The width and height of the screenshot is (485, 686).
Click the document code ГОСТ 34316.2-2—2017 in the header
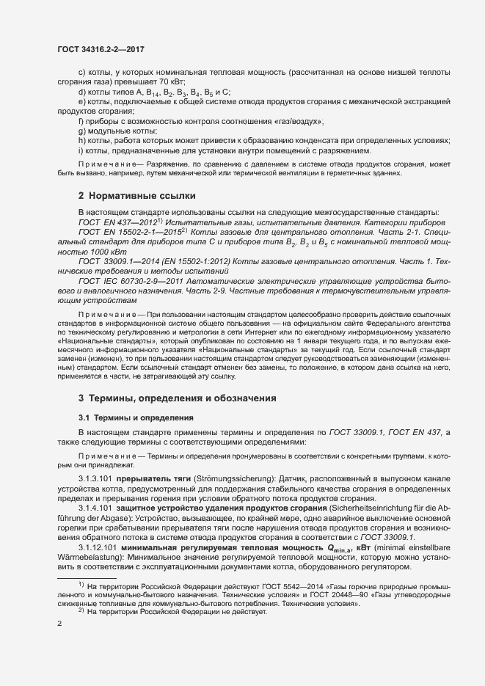pyautogui.click(x=100, y=49)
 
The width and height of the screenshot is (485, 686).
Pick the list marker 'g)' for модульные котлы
pyautogui.click(x=81, y=131)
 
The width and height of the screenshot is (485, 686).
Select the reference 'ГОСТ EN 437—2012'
pyautogui.click(x=113, y=221)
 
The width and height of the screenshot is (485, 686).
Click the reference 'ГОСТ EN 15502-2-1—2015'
pyautogui.click(x=126, y=231)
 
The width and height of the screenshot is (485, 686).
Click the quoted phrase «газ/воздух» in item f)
pyautogui.click(x=295, y=121)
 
